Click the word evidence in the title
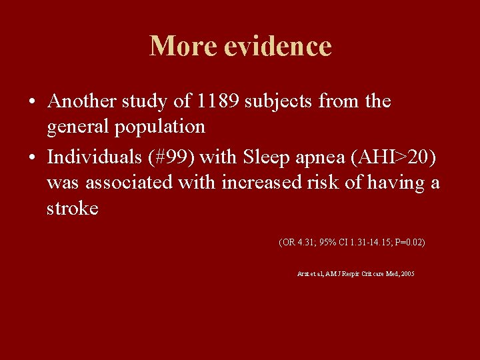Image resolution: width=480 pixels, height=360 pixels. (278, 46)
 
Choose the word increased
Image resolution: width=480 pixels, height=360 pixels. (261, 182)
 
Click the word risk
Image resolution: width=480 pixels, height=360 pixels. (323, 182)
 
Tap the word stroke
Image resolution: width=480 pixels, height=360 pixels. (72, 208)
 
